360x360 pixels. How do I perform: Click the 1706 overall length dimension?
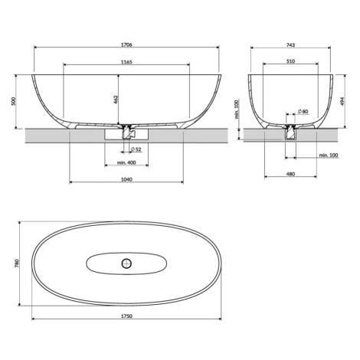126,44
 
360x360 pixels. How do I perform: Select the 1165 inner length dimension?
126,62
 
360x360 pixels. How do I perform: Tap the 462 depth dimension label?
115,100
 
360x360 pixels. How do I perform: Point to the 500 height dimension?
14,101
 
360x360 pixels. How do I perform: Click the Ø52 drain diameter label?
136,149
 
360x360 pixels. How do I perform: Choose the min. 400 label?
126,162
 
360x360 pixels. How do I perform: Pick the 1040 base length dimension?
126,179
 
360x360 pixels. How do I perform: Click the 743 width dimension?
290,45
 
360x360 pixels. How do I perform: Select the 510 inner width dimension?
290,61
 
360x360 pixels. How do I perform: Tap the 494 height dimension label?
342,101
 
